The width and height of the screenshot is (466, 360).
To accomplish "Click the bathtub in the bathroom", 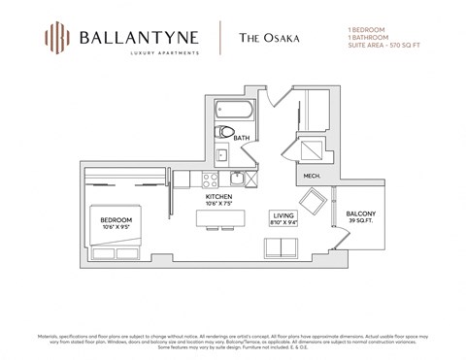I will point(234,109).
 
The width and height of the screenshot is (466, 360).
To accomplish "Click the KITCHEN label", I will point(217,197).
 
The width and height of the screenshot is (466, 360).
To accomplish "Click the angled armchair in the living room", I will point(314,204).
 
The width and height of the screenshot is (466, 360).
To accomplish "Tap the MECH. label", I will point(312,176).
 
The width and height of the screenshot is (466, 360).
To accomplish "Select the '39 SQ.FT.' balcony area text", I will point(360,221).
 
